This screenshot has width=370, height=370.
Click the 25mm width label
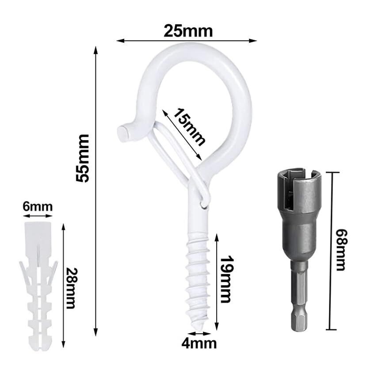click(x=188, y=31)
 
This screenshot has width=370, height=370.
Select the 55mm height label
click(x=82, y=158)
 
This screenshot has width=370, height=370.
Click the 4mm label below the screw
click(x=199, y=344)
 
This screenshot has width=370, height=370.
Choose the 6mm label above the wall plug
click(x=38, y=207)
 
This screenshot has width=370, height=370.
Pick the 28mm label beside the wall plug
click(x=71, y=288)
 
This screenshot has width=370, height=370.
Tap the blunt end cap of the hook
click(x=123, y=134)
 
